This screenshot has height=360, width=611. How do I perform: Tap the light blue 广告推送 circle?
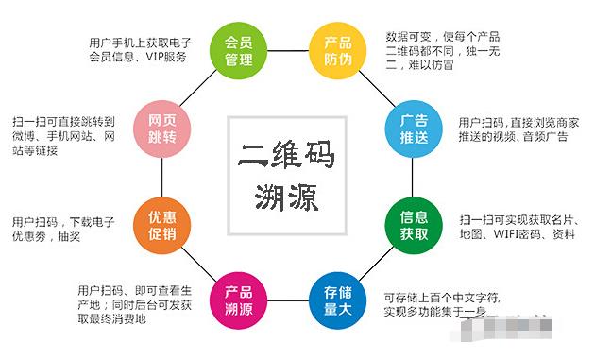[414, 127]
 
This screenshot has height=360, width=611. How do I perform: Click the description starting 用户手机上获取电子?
[141, 49]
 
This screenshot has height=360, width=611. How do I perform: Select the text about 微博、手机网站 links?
[66, 136]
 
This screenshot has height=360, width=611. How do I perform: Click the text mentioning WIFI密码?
[516, 227]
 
